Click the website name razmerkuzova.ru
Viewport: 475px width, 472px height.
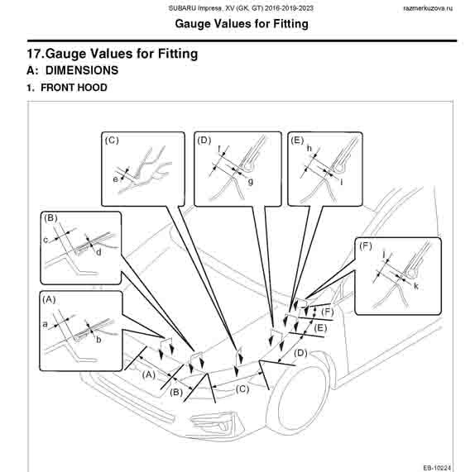pyautogui.click(x=428, y=8)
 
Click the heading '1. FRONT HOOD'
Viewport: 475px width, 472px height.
pyautogui.click(x=67, y=88)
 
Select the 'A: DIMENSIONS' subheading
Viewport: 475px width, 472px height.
pyautogui.click(x=72, y=70)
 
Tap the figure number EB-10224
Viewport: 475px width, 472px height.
pyautogui.click(x=437, y=468)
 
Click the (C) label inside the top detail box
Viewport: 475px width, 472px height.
pyautogui.click(x=112, y=141)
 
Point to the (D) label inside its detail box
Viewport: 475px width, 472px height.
pyautogui.click(x=204, y=141)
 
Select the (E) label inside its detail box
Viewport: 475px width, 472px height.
pyautogui.click(x=297, y=141)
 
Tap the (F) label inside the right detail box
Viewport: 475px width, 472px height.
pyautogui.click(x=365, y=246)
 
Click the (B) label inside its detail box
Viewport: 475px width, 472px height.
pyautogui.click(x=50, y=218)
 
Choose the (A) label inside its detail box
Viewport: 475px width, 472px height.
pyautogui.click(x=49, y=299)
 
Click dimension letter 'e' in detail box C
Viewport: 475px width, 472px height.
pyautogui.click(x=115, y=179)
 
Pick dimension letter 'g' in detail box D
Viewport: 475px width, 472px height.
pyautogui.click(x=251, y=182)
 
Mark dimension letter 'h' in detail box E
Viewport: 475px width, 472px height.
pyautogui.click(x=309, y=148)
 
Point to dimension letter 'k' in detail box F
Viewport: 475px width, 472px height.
pyautogui.click(x=416, y=286)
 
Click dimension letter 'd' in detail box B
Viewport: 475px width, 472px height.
pyautogui.click(x=98, y=252)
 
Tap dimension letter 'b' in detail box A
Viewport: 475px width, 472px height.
pyautogui.click(x=98, y=340)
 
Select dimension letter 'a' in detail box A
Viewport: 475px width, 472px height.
pyautogui.click(x=46, y=325)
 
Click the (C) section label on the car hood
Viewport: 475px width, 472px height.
pyautogui.click(x=242, y=389)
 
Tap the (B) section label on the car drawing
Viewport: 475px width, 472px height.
pyautogui.click(x=176, y=393)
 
